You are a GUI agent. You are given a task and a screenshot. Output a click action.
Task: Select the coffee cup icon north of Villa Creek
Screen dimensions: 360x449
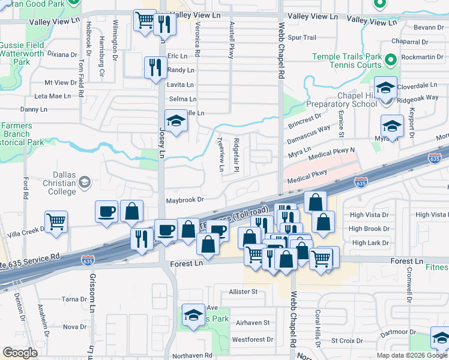[106, 211]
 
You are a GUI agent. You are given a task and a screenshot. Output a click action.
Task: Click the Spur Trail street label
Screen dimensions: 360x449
[301, 38]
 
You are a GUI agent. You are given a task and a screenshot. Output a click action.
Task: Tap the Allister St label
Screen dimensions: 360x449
[243, 292]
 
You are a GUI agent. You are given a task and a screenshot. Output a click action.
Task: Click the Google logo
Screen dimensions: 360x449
[20, 353]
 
